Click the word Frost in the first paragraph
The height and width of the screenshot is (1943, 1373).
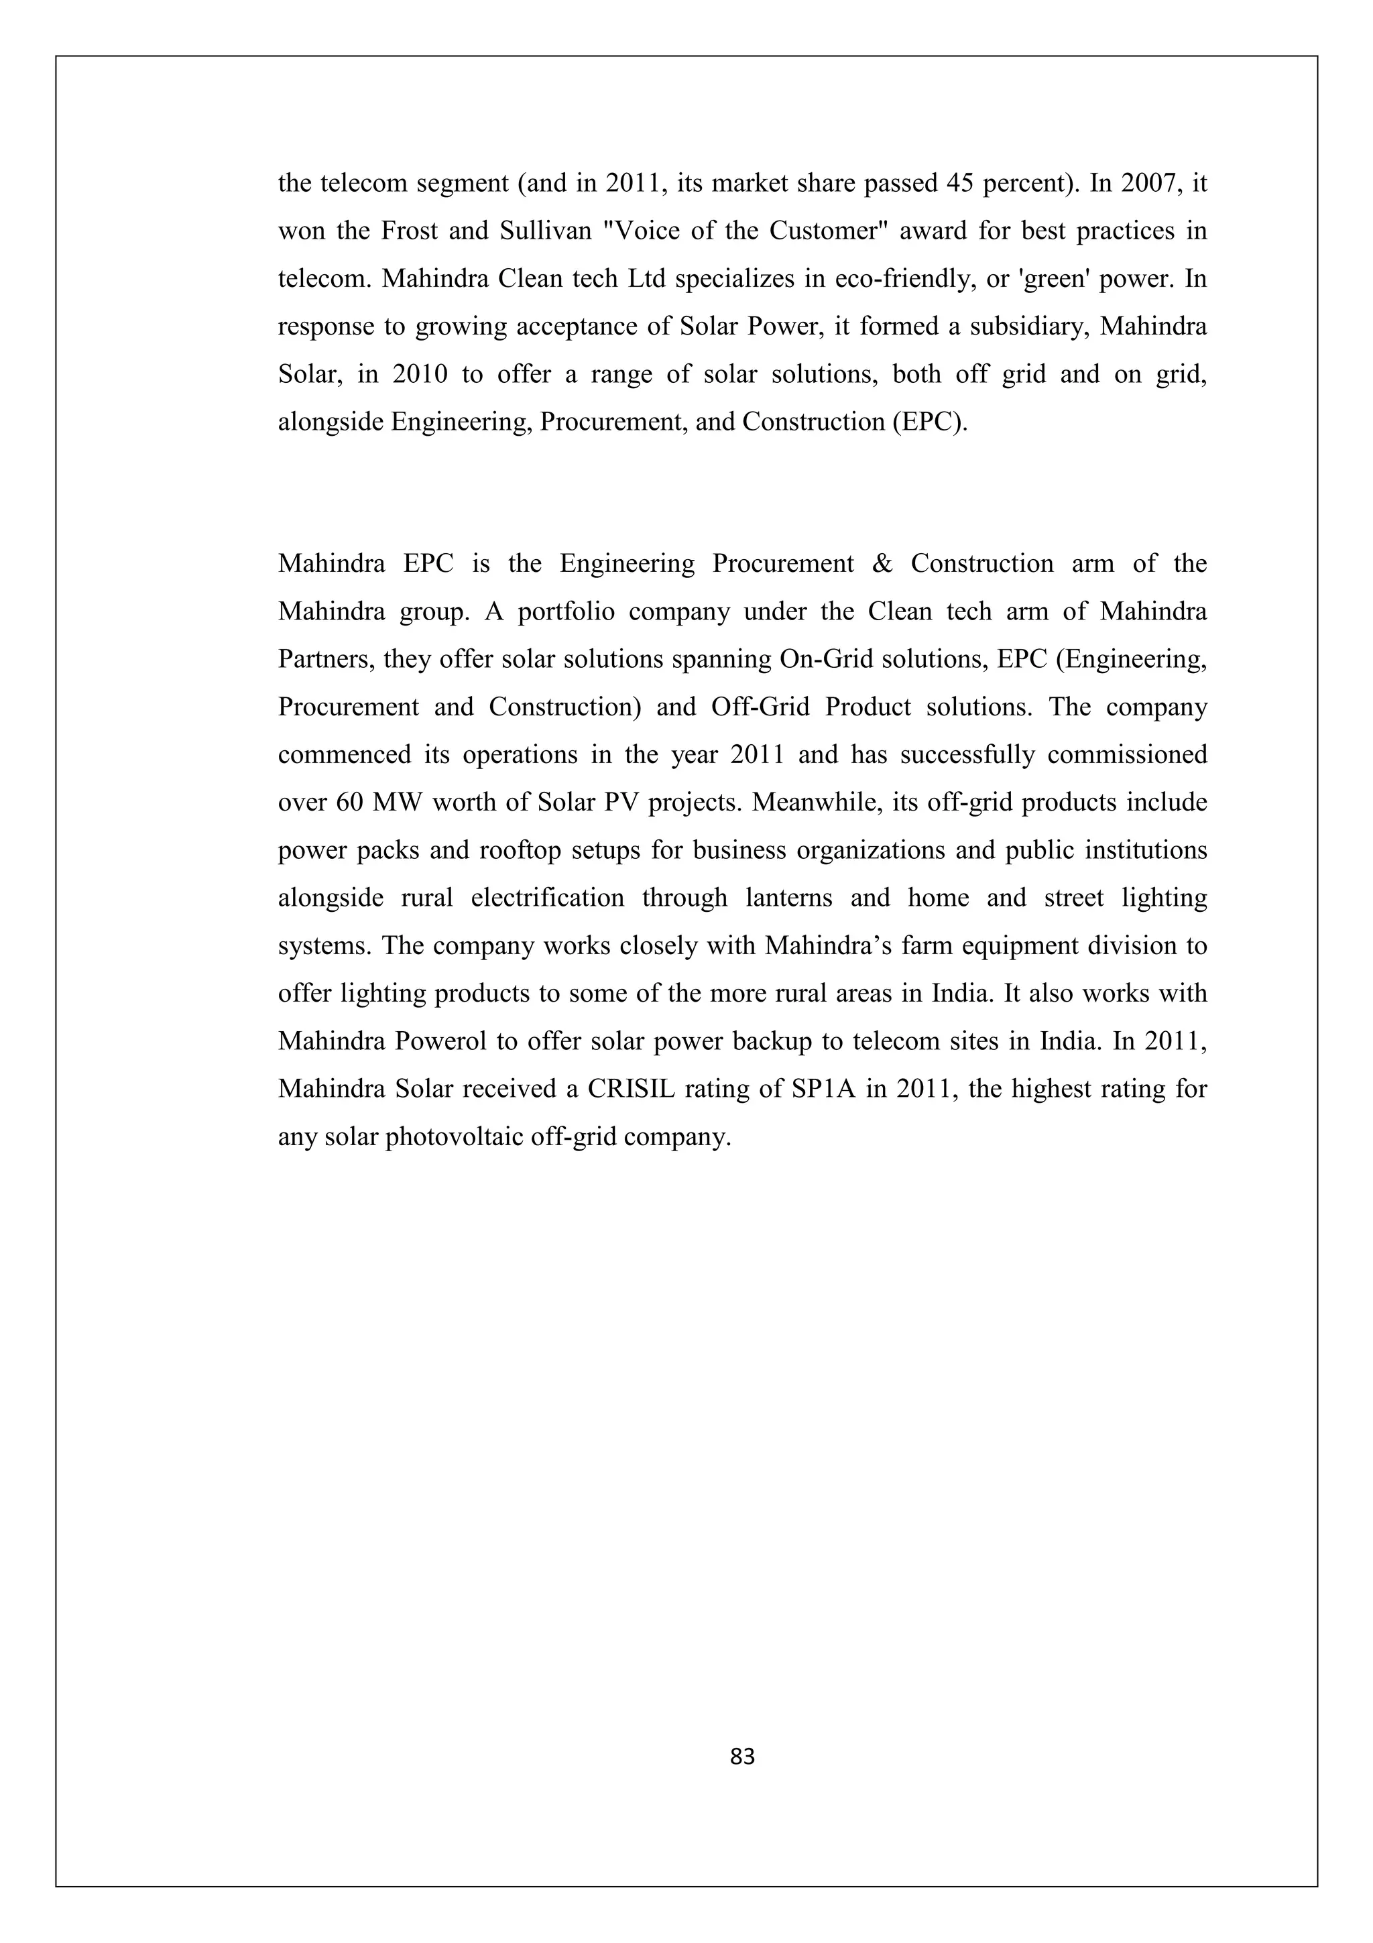408,231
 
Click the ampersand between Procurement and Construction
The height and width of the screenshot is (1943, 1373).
882,564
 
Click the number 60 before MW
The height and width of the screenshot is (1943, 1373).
349,803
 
